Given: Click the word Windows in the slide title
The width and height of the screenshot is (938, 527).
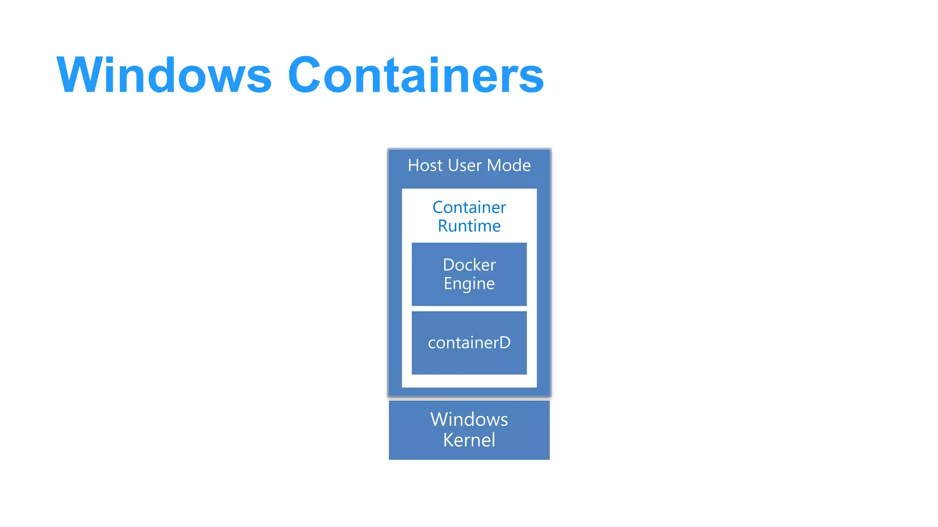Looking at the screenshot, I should coord(164,75).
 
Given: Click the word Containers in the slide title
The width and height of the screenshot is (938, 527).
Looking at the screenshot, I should coord(415,75).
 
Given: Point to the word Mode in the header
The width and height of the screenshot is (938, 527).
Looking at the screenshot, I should coord(508,166).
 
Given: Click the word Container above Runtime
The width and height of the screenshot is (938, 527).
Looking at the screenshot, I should coord(469,208).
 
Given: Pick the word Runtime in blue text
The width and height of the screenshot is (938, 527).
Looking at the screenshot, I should coord(469,226).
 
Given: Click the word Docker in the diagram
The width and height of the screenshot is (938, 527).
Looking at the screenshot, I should coord(469,265).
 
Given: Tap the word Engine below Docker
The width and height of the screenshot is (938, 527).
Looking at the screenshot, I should coord(469,284).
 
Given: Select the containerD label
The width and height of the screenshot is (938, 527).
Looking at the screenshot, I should coord(469,343).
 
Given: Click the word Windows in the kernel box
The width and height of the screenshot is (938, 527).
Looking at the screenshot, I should coord(469,419).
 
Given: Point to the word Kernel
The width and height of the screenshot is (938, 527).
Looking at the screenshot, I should coord(469,440).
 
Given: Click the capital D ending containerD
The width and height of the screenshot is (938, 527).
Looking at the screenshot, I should coord(504,343).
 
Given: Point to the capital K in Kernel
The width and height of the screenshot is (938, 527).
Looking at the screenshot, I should coord(449,440).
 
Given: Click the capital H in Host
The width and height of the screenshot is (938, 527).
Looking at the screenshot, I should coord(414,166).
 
